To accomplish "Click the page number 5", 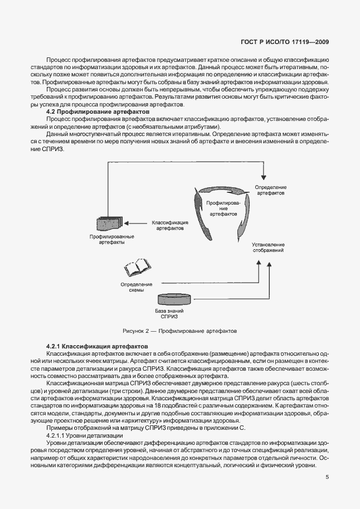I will click(x=328, y=477).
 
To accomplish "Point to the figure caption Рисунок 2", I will click(x=178, y=331).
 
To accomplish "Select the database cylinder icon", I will click(x=174, y=298).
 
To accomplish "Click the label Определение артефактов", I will click(x=271, y=190).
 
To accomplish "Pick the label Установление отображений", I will click(x=268, y=247).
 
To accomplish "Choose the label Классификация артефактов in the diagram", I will click(x=170, y=225).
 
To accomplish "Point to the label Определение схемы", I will click(x=133, y=287).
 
